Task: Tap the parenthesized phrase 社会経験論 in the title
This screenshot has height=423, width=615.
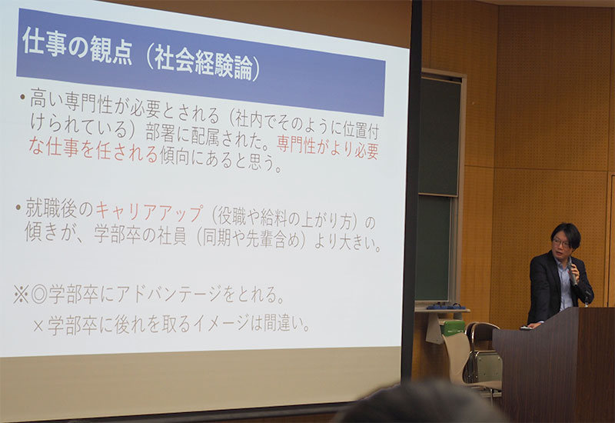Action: coord(203,63)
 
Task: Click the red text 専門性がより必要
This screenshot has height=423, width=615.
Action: coord(328,148)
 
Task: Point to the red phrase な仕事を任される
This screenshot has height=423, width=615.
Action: coord(93,151)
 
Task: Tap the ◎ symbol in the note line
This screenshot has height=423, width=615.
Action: coord(39,295)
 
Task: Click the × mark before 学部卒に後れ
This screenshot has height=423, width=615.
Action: coord(38,325)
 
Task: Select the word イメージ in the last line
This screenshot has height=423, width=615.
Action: coord(221,324)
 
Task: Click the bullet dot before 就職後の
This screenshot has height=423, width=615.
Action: coord(18,206)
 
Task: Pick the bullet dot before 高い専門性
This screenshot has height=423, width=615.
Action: coord(22,96)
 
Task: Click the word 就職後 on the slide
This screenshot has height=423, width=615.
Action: coord(51,208)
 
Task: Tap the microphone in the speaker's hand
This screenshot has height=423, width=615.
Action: coord(571,275)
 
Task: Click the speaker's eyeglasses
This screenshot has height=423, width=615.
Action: coord(561,243)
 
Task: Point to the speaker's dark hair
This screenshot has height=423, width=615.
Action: coord(566,234)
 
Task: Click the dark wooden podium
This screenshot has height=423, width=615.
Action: coord(553,364)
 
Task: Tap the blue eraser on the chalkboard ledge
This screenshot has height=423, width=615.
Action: coord(445,306)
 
